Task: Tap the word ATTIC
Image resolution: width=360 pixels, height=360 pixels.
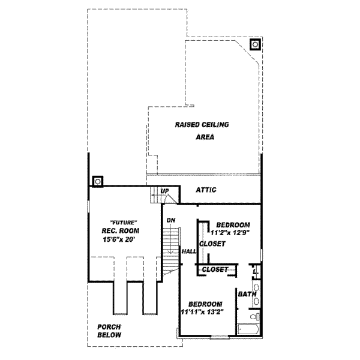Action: click(206, 190)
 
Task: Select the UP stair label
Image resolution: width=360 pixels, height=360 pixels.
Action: click(164, 191)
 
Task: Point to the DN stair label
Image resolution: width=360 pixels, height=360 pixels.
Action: click(171, 220)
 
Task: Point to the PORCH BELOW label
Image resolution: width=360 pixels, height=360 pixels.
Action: click(109, 331)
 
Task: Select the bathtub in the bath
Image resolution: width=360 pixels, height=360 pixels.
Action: click(249, 329)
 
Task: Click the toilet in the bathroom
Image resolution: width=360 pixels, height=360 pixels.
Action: click(255, 315)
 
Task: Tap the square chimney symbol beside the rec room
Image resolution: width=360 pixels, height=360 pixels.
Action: click(98, 180)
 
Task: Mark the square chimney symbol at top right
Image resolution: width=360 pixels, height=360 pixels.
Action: click(255, 44)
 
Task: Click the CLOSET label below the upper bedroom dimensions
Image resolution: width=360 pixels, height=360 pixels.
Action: click(212, 244)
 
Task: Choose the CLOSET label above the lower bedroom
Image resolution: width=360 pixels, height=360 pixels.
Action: click(215, 270)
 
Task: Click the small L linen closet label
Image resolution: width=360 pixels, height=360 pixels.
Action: click(255, 272)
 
